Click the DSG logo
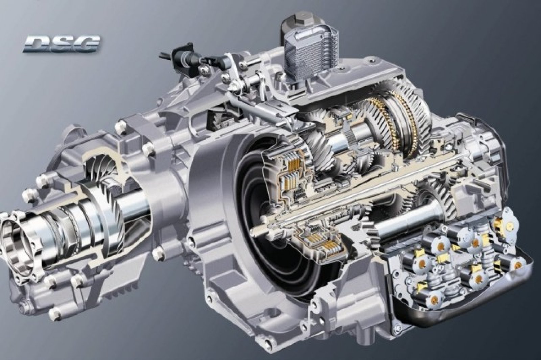(x=61, y=45)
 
